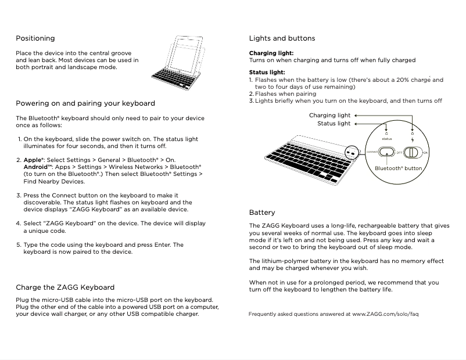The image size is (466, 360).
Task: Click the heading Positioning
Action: [35, 38]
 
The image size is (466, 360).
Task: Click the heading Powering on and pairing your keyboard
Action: [85, 103]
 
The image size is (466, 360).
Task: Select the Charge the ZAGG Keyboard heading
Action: [65, 287]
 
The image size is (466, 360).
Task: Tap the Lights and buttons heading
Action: [282, 38]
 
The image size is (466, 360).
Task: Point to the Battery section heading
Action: [262, 213]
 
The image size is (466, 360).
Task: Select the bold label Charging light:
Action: [271, 53]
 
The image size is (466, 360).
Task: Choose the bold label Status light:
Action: [267, 73]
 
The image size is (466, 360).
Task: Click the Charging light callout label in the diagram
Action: [329, 116]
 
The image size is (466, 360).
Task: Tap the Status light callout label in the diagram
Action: [334, 124]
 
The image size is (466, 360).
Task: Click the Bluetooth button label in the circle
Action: [398, 168]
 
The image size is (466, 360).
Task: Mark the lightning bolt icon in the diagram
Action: [413, 139]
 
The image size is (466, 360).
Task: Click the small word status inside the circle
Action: [387, 139]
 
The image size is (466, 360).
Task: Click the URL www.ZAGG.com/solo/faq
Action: [385, 314]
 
